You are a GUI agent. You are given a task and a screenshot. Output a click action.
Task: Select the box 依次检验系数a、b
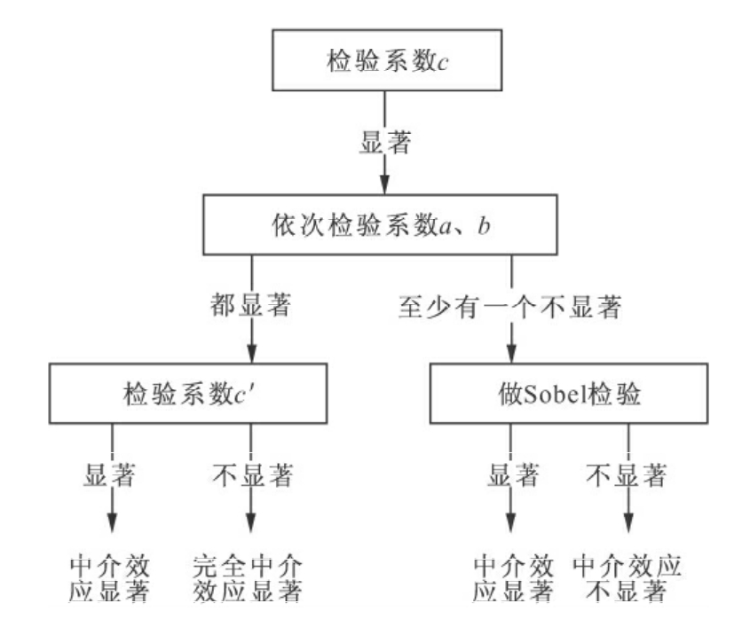(x=383, y=226)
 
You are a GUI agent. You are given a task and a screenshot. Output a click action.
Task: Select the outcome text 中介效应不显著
(x=630, y=578)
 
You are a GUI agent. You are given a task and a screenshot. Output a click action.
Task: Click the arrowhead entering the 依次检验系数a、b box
(x=383, y=185)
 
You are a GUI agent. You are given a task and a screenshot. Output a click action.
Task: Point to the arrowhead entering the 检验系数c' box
(x=252, y=353)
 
